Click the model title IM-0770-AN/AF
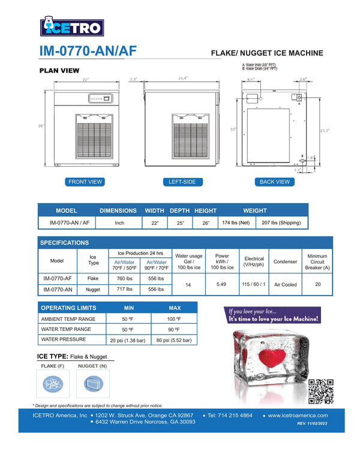pos(88,52)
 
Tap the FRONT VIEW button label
pos(85,182)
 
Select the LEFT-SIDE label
pos(183,182)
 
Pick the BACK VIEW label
pos(275,182)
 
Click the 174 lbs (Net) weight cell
pos(236,223)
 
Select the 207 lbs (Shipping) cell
pos(282,223)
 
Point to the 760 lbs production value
pos(125,278)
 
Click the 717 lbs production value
pos(125,289)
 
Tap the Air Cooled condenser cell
pos(285,284)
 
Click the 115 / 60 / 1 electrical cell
pos(254,284)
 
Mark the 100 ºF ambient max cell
pos(175,319)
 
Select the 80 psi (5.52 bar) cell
pos(175,340)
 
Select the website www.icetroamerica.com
pos(298,415)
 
